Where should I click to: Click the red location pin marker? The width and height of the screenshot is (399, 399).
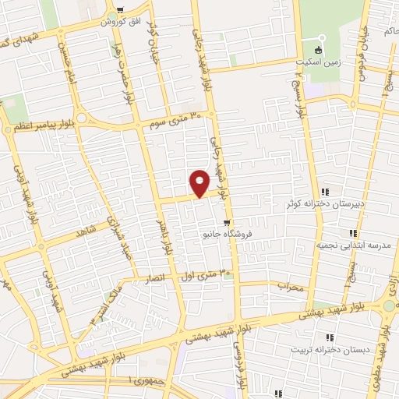(x=199, y=182)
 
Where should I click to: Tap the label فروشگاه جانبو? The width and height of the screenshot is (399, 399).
(x=226, y=233)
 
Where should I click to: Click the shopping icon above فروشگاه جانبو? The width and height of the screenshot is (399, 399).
(x=227, y=221)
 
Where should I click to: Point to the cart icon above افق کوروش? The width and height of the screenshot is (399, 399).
(x=119, y=10)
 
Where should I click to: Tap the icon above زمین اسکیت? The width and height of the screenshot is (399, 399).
(x=318, y=41)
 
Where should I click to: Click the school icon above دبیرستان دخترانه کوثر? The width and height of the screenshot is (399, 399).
(x=325, y=192)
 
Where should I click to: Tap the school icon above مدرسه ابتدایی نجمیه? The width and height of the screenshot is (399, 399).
(x=353, y=232)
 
